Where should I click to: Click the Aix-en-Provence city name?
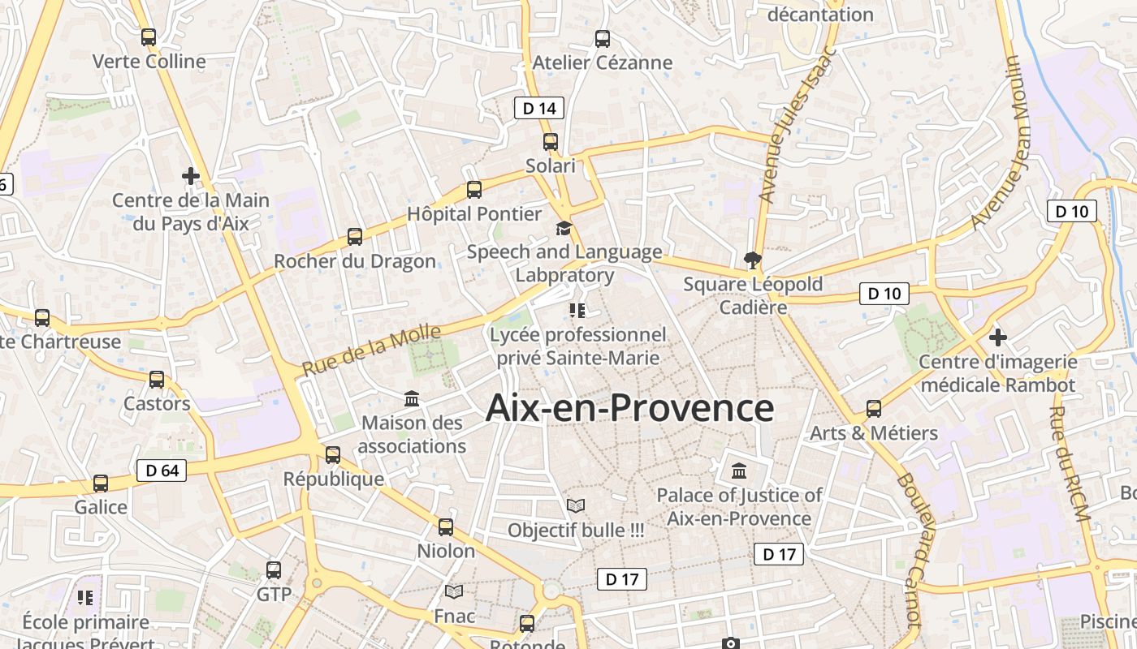point(629,408)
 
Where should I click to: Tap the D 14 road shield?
point(539,108)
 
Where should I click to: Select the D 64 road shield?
point(162,471)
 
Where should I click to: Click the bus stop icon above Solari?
point(551,142)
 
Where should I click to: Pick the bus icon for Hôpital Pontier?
point(474,190)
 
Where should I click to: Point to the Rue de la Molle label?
point(371,350)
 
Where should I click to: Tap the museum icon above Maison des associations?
point(412,399)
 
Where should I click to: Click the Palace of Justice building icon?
point(739,471)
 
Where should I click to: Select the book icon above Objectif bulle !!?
point(576,506)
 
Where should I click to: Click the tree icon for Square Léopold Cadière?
point(753,260)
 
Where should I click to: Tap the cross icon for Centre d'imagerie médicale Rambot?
point(998,337)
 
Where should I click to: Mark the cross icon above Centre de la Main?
point(190,175)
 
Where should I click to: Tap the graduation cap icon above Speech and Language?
point(564,228)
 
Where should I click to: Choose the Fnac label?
point(454,616)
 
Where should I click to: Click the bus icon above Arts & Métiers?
point(874,409)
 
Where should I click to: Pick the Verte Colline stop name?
point(149,62)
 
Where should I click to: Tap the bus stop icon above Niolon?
point(446,527)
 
